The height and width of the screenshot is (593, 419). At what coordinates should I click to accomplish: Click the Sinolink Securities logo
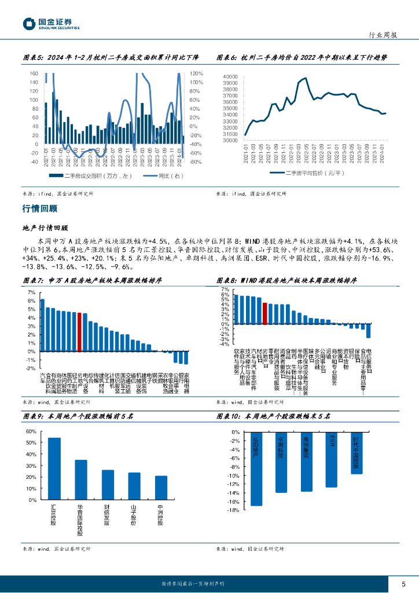click(x=51, y=24)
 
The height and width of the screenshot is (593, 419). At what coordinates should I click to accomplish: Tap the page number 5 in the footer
click(x=403, y=584)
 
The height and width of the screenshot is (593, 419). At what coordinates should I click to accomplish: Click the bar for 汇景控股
click(x=54, y=468)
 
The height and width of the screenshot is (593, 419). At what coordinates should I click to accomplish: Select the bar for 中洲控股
click(x=161, y=488)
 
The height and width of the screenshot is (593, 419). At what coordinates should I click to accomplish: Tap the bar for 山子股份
click(x=134, y=486)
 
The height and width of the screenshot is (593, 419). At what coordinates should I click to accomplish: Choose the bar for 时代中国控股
click(x=357, y=453)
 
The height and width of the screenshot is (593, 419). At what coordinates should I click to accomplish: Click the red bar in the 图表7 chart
click(x=79, y=332)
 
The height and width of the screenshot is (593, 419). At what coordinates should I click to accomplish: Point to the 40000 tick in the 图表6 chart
click(x=230, y=76)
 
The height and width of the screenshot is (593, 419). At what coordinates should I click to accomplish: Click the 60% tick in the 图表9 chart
click(x=32, y=431)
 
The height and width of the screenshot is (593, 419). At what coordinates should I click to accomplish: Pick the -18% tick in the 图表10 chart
click(x=234, y=510)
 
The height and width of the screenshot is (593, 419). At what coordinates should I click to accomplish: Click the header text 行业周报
click(x=383, y=35)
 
